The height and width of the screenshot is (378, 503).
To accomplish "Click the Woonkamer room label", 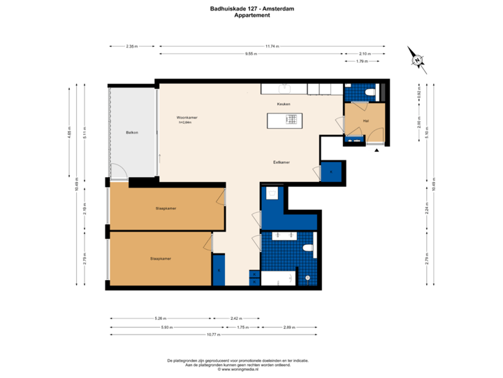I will (x=187, y=118).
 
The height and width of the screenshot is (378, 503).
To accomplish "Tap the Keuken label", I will (x=283, y=104).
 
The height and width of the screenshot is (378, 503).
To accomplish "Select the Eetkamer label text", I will (x=282, y=162).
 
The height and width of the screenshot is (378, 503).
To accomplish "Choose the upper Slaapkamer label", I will (x=166, y=209).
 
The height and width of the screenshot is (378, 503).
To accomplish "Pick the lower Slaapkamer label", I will (x=161, y=258).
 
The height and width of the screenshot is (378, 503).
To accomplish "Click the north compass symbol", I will (x=416, y=60).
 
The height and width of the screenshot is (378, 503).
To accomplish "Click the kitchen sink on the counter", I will (x=285, y=89).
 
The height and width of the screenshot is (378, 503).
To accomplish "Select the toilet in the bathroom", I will (x=307, y=248).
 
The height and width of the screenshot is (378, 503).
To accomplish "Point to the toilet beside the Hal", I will (x=372, y=92).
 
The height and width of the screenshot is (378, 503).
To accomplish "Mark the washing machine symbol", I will (x=272, y=194).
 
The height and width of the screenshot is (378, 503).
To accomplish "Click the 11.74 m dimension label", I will (x=272, y=46).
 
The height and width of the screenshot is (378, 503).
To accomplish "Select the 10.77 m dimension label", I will (x=213, y=335).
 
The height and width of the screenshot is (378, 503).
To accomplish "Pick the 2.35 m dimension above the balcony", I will (x=131, y=46).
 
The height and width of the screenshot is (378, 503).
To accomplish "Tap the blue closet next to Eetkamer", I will (x=331, y=171).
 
